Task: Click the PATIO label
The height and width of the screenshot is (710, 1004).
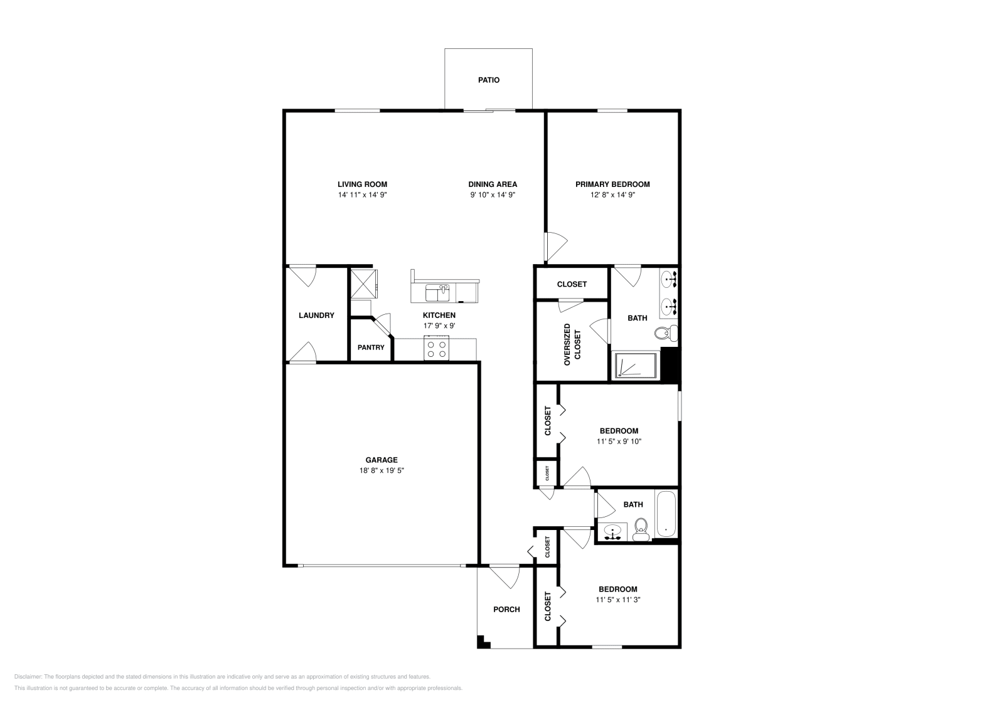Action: coord(488,80)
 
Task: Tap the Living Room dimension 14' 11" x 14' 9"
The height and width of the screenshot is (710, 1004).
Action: coord(362,195)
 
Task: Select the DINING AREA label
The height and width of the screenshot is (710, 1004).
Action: coord(493,184)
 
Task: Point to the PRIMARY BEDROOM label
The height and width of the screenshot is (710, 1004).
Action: coord(612,184)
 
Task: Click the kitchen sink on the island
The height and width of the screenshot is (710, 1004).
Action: coord(437,292)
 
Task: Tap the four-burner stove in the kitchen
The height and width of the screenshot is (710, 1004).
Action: coord(437,348)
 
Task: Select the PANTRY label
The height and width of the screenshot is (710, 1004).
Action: coord(371,347)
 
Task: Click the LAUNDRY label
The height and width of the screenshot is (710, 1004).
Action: coord(316,315)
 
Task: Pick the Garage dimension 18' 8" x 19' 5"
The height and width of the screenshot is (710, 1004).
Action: coord(382,470)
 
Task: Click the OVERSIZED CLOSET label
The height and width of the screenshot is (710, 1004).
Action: coord(572,344)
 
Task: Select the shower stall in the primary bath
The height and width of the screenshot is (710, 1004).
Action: coord(635,366)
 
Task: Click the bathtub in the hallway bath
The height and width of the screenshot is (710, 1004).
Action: coord(666,514)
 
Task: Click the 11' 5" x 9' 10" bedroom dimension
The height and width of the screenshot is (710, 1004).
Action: coord(619,442)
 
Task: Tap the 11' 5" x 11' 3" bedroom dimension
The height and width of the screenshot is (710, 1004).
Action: coord(617,600)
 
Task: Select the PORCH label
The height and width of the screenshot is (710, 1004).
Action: coord(506,610)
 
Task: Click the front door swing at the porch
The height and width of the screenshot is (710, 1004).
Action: coord(505,576)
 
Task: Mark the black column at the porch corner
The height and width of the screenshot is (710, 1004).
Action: coord(483,642)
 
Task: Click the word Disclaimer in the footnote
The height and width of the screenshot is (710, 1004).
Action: coord(27,677)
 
